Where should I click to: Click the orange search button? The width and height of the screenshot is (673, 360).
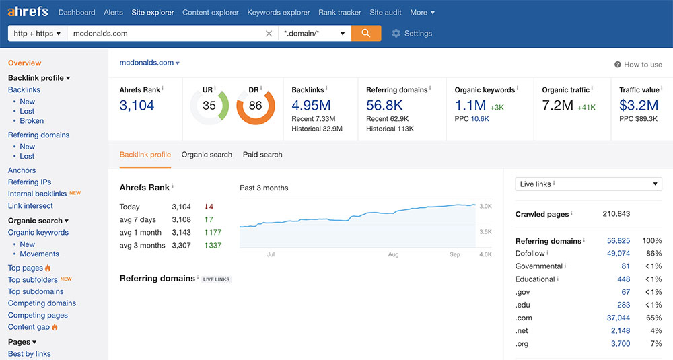pyautogui.click(x=366, y=33)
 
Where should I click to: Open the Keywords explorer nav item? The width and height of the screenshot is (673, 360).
pyautogui.click(x=279, y=12)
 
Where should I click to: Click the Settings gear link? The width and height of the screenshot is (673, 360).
pyautogui.click(x=412, y=34)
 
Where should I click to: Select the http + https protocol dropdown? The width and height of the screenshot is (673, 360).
pyautogui.click(x=37, y=33)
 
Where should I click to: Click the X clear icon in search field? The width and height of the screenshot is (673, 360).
pyautogui.click(x=269, y=33)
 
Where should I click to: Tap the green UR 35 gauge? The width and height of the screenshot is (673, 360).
pyautogui.click(x=209, y=106)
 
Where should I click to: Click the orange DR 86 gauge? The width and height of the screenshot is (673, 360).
pyautogui.click(x=255, y=106)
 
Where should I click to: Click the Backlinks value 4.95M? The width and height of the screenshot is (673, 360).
pyautogui.click(x=311, y=105)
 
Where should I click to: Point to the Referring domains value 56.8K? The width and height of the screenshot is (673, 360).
pyautogui.click(x=384, y=105)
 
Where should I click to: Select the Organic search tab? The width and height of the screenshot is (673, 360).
pyautogui.click(x=207, y=155)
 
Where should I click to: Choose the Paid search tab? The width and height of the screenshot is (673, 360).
pyautogui.click(x=262, y=155)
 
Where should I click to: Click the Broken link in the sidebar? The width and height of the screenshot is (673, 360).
pyautogui.click(x=32, y=121)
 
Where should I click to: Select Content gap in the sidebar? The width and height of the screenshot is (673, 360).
pyautogui.click(x=29, y=327)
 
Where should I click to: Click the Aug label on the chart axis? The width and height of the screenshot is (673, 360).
pyautogui.click(x=393, y=255)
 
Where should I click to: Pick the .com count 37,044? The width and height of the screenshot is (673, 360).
pyautogui.click(x=618, y=318)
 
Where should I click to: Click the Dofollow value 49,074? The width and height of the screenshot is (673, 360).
pyautogui.click(x=618, y=254)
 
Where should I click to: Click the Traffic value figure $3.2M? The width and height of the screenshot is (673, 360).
pyautogui.click(x=639, y=105)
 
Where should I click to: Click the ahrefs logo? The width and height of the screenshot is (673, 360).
pyautogui.click(x=28, y=12)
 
